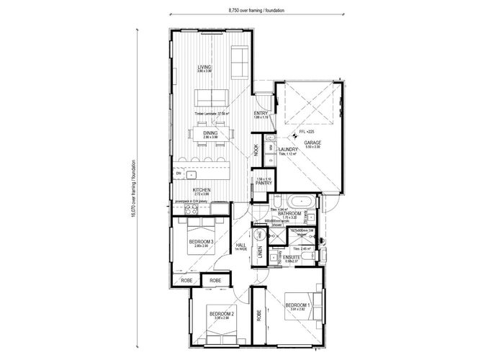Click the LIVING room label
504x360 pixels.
click(x=204, y=67)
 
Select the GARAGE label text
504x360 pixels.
click(x=312, y=143)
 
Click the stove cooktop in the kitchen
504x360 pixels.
click(x=192, y=210)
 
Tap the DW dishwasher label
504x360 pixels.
click(x=177, y=174)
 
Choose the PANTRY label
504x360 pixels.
click(x=263, y=184)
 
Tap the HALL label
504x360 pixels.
click(x=240, y=246)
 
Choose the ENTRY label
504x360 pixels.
click(x=261, y=114)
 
